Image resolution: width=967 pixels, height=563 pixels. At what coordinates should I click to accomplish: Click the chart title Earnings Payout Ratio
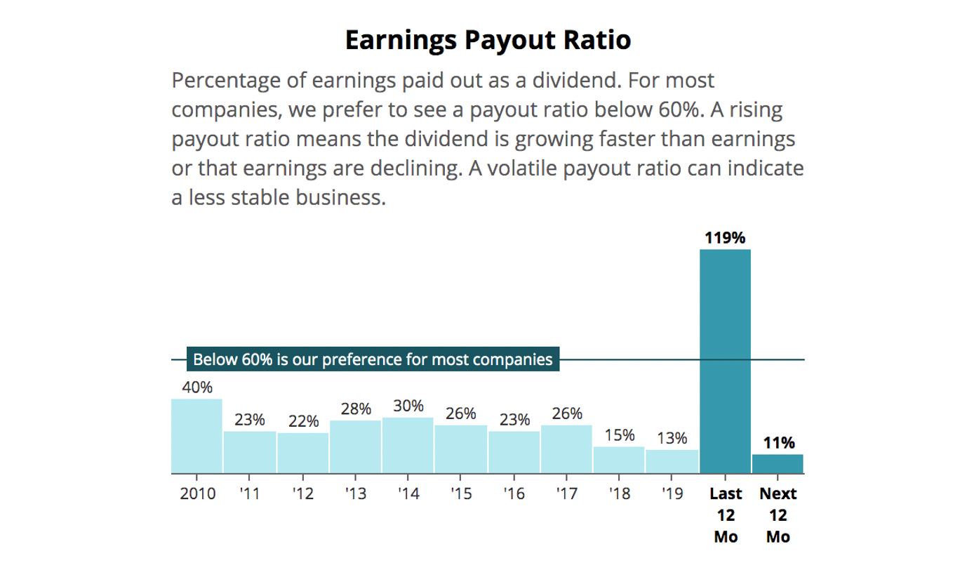tap(488, 40)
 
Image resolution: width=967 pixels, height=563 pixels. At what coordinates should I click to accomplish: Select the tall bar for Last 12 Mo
tap(725, 361)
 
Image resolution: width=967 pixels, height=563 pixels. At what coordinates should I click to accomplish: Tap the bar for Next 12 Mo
tap(778, 463)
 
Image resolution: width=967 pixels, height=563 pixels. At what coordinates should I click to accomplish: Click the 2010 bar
tap(196, 436)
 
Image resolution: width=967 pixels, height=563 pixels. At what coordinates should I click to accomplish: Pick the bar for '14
tap(408, 445)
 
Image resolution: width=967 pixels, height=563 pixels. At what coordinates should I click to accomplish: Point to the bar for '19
tap(672, 461)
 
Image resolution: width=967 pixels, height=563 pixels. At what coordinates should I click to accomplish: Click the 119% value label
tap(725, 238)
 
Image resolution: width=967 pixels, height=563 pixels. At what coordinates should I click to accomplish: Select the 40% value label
tap(197, 388)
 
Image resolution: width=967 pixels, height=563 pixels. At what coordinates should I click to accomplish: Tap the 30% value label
tap(408, 406)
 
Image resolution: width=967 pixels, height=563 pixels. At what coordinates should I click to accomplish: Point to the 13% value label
tap(672, 439)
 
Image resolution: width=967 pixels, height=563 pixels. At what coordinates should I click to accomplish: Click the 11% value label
tap(779, 443)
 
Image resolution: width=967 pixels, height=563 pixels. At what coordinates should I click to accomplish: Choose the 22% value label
tap(303, 422)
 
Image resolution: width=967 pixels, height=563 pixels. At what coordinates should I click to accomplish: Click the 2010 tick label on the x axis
tap(196, 494)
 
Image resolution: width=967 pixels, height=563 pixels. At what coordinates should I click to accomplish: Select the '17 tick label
tap(566, 494)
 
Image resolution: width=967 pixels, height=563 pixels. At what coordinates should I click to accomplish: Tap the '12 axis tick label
tap(302, 494)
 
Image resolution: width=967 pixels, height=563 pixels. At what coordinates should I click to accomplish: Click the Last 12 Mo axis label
tap(725, 515)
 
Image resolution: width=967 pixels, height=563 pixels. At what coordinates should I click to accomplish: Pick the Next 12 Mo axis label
tap(778, 515)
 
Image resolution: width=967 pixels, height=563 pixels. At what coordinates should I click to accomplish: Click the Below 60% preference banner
tap(373, 360)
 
